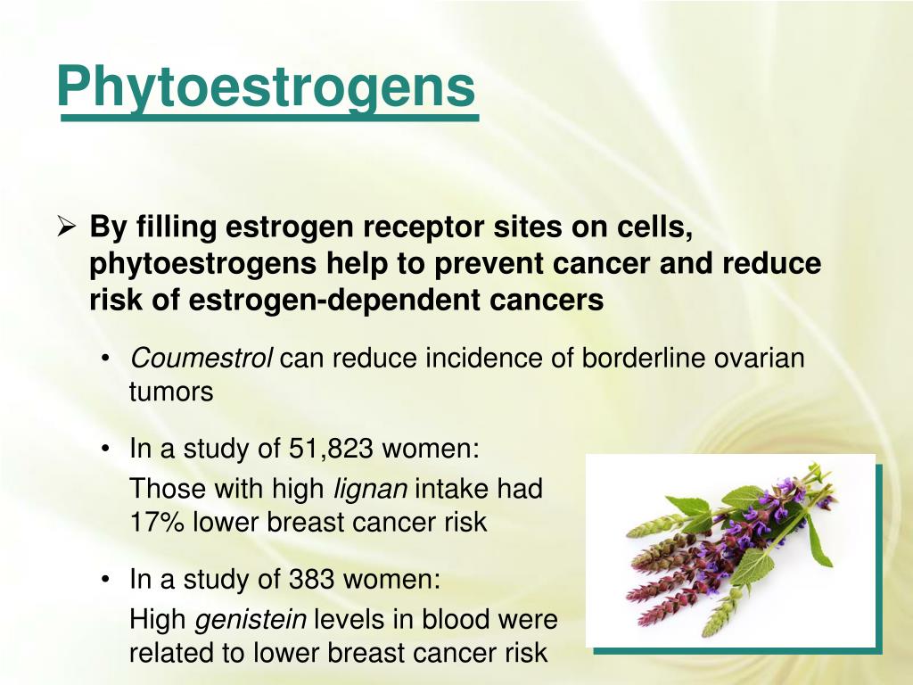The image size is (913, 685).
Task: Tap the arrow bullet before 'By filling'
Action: point(66,228)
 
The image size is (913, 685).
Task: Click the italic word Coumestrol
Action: point(202,359)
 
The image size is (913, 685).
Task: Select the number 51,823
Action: point(332,449)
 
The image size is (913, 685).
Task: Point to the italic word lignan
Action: point(370,489)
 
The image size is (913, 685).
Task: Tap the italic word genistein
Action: point(251,620)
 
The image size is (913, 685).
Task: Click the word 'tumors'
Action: point(171,392)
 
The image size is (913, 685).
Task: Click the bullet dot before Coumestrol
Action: point(106,359)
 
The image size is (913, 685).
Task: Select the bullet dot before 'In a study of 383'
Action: point(106,581)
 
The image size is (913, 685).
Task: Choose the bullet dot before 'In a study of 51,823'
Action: point(106,450)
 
